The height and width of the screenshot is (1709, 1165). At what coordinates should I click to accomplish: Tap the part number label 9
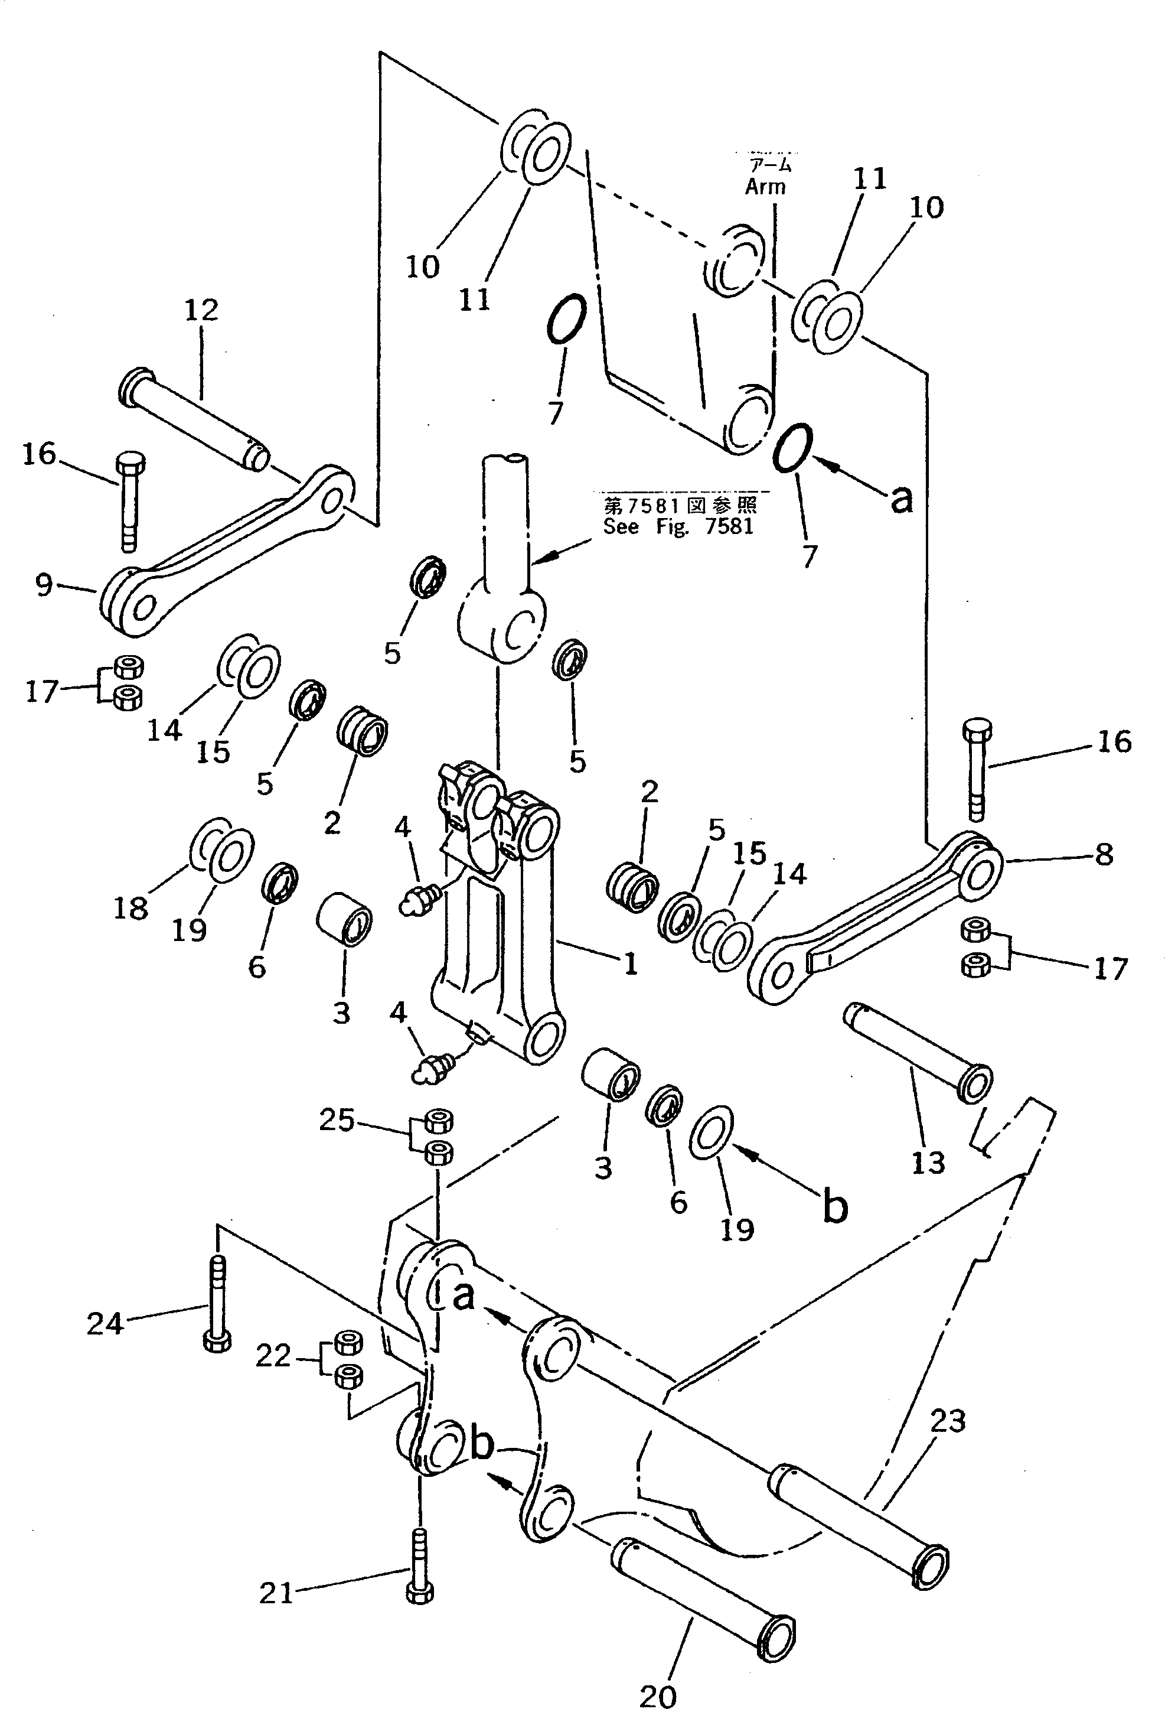[44, 585]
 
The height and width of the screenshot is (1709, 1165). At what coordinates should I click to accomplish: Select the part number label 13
[928, 1163]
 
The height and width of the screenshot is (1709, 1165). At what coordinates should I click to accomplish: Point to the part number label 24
[105, 1324]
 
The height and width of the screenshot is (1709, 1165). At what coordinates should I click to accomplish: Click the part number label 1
[630, 963]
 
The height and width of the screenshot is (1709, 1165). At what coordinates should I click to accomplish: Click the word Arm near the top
[765, 187]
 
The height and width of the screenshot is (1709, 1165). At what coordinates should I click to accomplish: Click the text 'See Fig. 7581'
[678, 526]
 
